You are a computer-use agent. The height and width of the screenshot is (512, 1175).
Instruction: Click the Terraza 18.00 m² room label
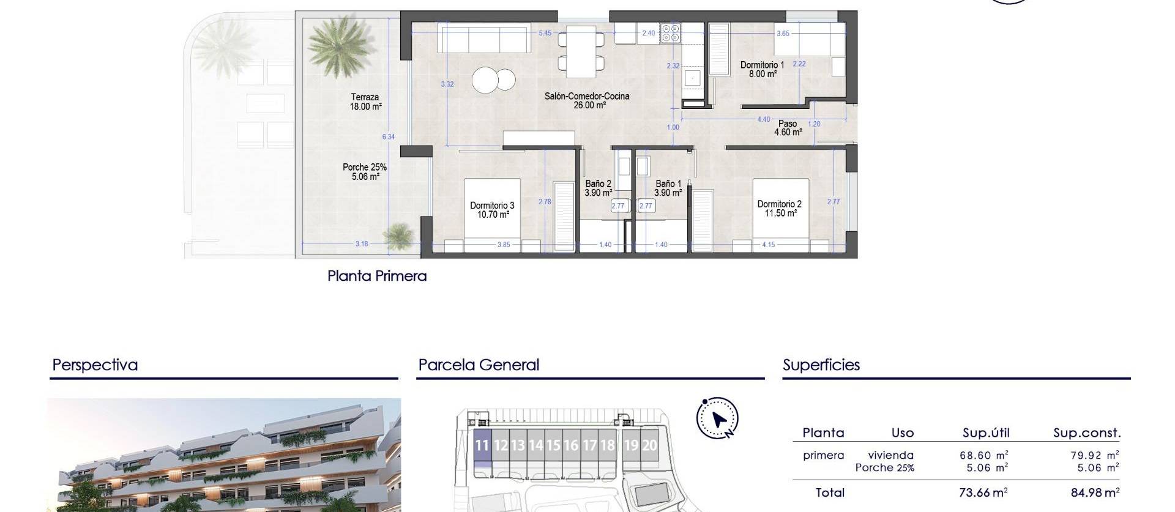click(365, 102)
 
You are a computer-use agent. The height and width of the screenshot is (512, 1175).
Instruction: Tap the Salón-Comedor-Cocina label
click(586, 100)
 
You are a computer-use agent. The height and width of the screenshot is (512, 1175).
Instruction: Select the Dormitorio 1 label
click(762, 69)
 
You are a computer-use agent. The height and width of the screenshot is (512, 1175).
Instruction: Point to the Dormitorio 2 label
click(779, 209)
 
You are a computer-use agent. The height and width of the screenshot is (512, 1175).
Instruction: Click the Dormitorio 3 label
click(492, 210)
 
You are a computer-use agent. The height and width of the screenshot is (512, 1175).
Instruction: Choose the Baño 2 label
click(598, 188)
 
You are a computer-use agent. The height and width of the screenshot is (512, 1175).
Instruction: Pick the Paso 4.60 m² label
click(788, 127)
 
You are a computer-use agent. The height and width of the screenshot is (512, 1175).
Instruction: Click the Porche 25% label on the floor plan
click(365, 171)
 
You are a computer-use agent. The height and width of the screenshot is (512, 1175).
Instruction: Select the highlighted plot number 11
click(482, 445)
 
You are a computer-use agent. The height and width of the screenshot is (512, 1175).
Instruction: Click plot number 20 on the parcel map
click(649, 445)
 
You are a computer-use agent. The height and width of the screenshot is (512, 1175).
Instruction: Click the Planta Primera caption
click(377, 276)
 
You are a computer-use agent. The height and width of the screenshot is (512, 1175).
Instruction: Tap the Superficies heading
click(821, 365)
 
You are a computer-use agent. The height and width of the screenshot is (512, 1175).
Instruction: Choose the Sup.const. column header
click(1087, 433)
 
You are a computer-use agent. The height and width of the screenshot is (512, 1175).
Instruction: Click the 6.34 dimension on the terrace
click(389, 137)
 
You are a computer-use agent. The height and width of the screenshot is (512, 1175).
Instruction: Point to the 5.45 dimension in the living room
click(545, 33)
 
